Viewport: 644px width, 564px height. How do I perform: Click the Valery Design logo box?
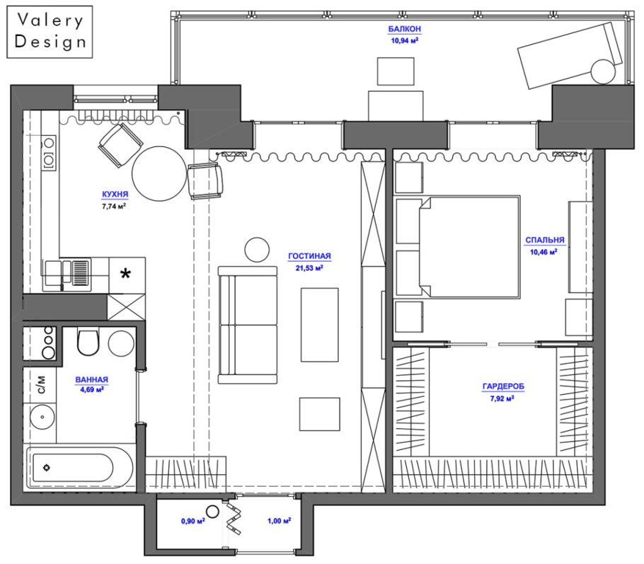pyautogui.click(x=50, y=32)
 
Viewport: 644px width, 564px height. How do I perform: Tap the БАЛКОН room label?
pyautogui.click(x=405, y=29)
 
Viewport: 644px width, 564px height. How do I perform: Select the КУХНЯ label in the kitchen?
pyautogui.click(x=115, y=194)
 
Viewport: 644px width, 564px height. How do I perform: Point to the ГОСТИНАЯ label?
pyautogui.click(x=309, y=256)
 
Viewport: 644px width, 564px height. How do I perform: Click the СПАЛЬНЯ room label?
pyautogui.click(x=545, y=241)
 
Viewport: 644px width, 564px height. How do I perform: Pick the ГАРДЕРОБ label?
pyautogui.click(x=503, y=386)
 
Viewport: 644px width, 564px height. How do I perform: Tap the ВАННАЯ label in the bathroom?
pyautogui.click(x=91, y=380)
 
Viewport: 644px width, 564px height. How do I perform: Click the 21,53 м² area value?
pyautogui.click(x=309, y=268)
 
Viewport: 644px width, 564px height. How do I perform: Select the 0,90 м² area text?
pyautogui.click(x=193, y=522)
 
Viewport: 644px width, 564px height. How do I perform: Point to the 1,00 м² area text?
pyautogui.click(x=280, y=521)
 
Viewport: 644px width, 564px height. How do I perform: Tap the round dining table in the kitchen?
pyautogui.click(x=159, y=173)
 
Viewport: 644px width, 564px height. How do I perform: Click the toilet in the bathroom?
pyautogui.click(x=88, y=341)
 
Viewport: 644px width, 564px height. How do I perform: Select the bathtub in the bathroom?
pyautogui.click(x=79, y=468)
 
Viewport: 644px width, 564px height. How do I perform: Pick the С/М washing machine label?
pyautogui.click(x=42, y=385)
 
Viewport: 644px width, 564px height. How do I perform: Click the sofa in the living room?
pyautogui.click(x=247, y=325)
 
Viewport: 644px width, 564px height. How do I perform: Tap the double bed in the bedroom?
pyautogui.click(x=469, y=246)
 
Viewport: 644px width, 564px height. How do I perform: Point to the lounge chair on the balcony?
pyautogui.click(x=571, y=54)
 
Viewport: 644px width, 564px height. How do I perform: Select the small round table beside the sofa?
pyautogui.click(x=257, y=250)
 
